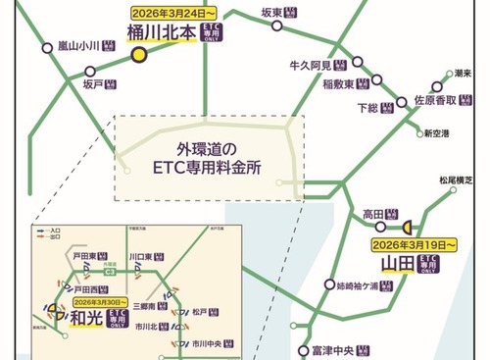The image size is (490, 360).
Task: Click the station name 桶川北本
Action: [x=162, y=33]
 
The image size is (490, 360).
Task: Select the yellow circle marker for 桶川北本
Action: [x=140, y=55]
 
